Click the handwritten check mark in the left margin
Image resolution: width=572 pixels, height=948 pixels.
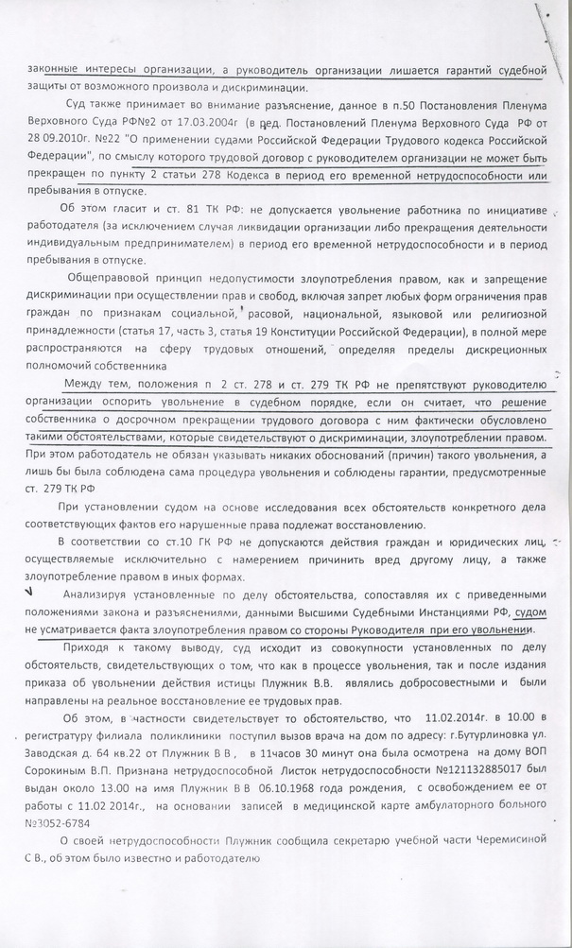(32, 591)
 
